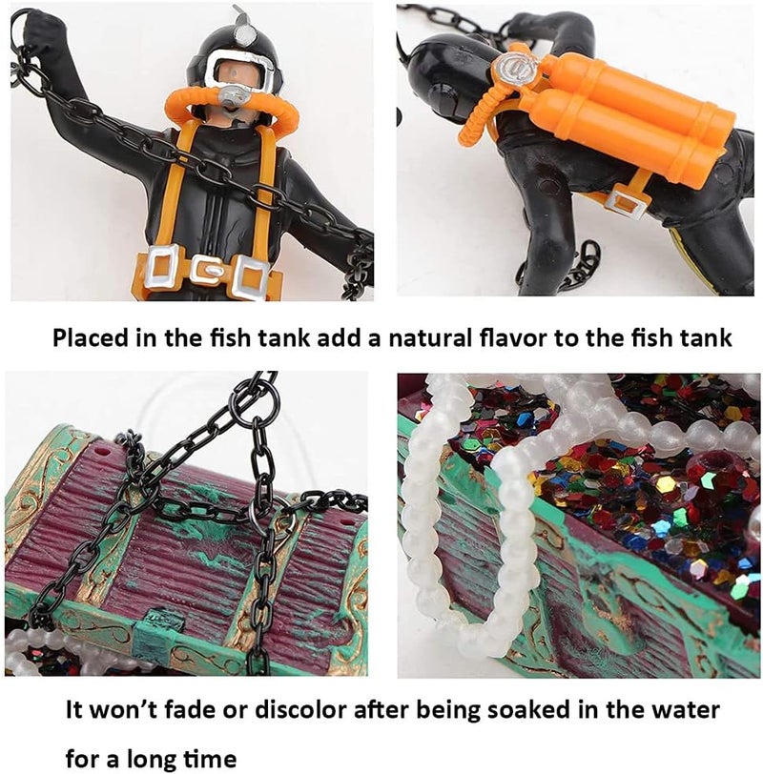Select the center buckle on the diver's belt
coord(203,269)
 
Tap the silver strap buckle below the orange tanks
coord(629,201)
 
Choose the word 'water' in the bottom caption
coord(684,710)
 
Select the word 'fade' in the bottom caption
coord(177,710)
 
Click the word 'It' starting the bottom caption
coord(73,710)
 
